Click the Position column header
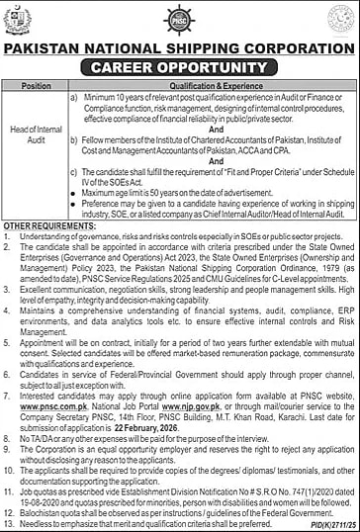point(36,86)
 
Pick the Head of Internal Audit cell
point(36,145)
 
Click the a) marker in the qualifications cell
point(74,98)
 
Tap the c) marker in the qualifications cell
point(74,171)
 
